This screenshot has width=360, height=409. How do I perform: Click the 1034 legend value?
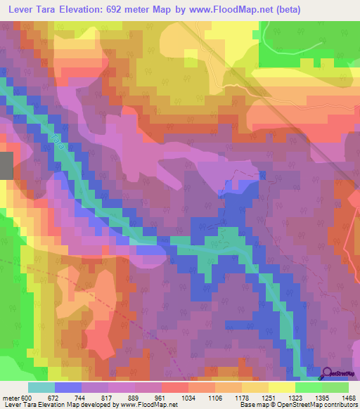tap(189, 398)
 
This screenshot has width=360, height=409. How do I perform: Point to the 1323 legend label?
tap(296, 398)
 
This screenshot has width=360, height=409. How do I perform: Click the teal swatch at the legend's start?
tap(41, 388)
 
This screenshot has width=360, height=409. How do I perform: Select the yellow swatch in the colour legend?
tap(281, 388)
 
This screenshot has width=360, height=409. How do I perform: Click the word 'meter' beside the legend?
tap(11, 398)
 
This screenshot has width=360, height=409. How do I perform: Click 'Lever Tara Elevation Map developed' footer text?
tap(56, 405)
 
